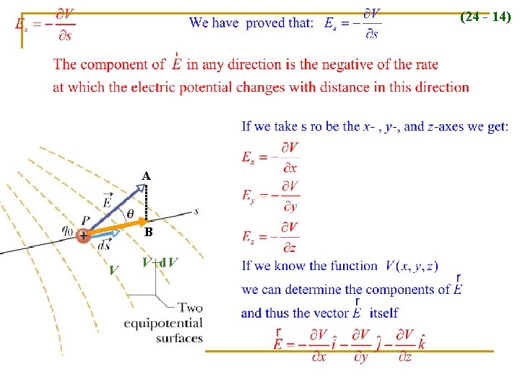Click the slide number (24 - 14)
(485, 17)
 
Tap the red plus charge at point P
(84, 235)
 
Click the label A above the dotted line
(146, 176)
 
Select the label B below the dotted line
(148, 233)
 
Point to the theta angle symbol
(130, 213)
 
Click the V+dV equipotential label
(160, 262)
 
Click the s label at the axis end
(196, 211)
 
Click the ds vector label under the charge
(104, 244)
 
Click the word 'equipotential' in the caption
(163, 323)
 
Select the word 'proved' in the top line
(267, 23)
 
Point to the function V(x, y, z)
(412, 266)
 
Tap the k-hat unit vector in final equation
(421, 342)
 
